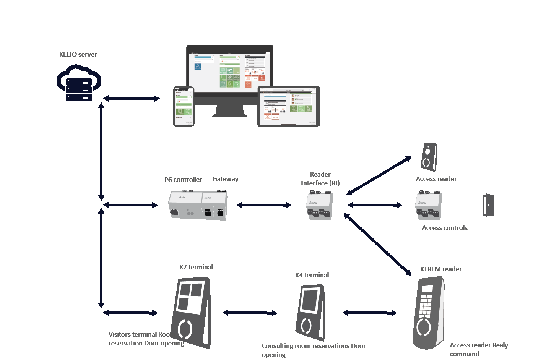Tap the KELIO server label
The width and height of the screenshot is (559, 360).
78,54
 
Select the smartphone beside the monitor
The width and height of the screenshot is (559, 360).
184,107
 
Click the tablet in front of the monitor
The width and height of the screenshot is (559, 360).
288,106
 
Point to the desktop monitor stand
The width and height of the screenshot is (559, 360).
229,110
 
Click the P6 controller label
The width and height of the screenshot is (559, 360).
183,180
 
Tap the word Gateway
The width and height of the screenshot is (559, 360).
225,179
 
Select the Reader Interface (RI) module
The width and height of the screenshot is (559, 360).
319,205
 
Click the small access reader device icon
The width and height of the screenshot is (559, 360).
429,157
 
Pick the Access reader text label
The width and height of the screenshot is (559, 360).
436,179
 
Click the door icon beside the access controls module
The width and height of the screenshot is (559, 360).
488,205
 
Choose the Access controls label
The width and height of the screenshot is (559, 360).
445,228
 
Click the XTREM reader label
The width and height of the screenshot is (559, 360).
440,269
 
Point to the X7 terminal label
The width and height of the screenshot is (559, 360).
196,267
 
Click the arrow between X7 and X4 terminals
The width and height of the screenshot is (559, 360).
250,313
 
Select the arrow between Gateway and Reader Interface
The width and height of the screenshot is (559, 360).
264,205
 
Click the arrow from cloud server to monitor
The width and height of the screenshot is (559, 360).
131,99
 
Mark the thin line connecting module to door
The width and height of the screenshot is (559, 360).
463,205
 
